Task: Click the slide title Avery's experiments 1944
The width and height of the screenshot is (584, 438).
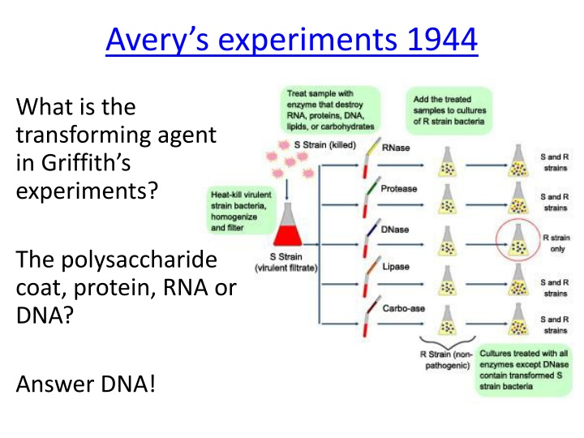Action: (x=291, y=39)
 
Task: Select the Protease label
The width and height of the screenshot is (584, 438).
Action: (x=400, y=189)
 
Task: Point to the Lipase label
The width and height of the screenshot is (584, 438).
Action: (x=396, y=267)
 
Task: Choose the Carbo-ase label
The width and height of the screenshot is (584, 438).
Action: (x=401, y=308)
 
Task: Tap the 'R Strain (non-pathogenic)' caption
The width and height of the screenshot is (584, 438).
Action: (x=443, y=360)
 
